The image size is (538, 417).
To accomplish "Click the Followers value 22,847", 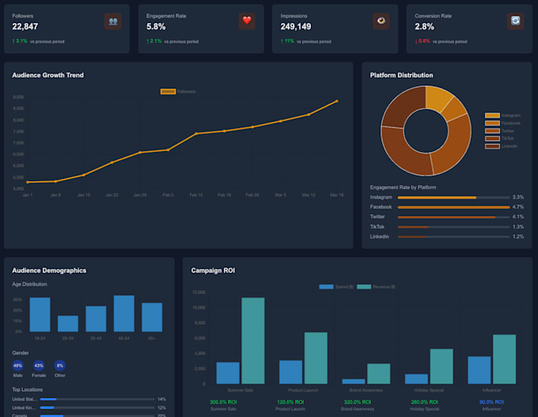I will click(x=25, y=26).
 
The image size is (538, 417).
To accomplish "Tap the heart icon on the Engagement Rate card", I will click(x=247, y=21).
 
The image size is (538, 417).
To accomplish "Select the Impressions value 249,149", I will click(x=295, y=26).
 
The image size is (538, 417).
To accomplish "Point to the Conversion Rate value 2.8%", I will click(x=425, y=26).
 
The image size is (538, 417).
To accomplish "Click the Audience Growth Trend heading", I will click(x=47, y=75).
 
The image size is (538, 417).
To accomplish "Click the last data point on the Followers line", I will click(x=337, y=101).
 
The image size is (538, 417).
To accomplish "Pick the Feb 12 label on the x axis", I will click(x=195, y=195).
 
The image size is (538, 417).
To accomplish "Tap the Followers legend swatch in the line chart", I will click(x=168, y=92).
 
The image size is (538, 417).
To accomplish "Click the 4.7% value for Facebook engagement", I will click(x=518, y=207).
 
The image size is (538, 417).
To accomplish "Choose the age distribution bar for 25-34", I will click(x=68, y=324).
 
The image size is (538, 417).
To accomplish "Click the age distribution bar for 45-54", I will click(x=123, y=313).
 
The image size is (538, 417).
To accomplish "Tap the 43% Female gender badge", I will click(x=39, y=366).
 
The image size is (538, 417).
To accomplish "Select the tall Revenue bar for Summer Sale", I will click(x=253, y=340).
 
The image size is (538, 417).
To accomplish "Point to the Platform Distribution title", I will click(x=401, y=75).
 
